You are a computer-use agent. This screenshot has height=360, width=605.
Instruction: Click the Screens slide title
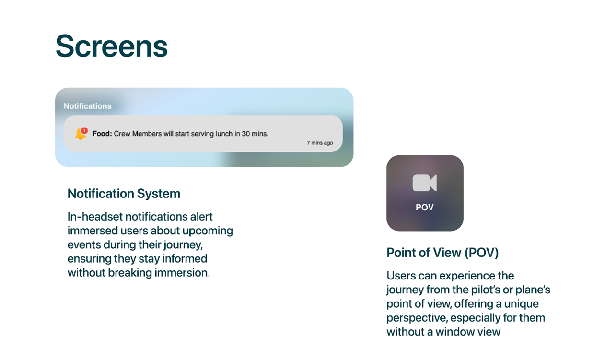point(112,46)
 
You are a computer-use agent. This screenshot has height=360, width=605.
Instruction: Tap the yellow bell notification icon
point(80,134)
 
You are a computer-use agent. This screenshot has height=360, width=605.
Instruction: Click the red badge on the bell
point(84,131)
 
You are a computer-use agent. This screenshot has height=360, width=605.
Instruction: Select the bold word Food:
point(102,134)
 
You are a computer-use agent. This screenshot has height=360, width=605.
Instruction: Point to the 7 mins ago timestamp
point(320,143)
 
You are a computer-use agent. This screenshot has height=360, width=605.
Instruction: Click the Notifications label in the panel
point(88,106)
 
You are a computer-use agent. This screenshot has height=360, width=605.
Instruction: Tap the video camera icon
point(425,183)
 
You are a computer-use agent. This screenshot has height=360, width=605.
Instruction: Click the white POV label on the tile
point(425,207)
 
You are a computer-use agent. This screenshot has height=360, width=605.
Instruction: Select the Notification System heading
point(124,194)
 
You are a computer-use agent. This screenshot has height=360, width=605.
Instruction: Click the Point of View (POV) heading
point(442,253)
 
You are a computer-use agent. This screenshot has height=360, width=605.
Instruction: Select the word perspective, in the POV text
point(417,318)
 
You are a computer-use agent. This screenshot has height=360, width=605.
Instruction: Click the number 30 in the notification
point(246,134)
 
